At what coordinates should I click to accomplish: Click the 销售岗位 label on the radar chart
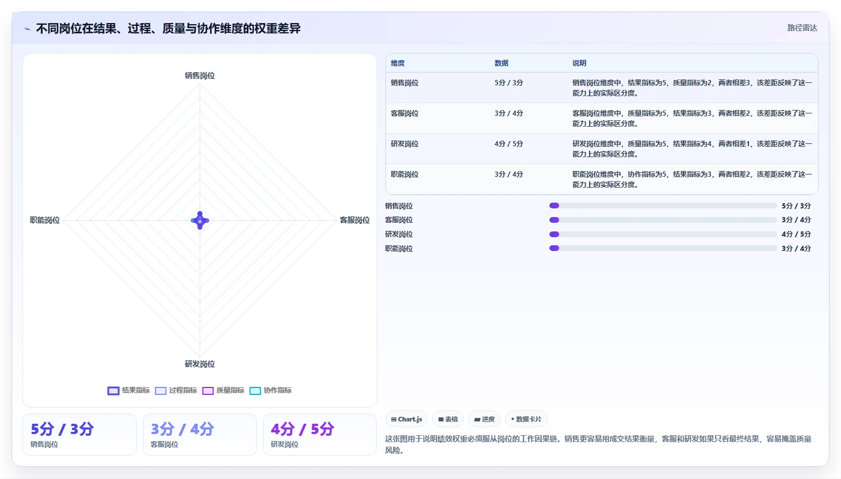tap(200, 75)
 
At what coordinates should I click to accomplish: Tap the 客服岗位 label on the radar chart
tap(354, 220)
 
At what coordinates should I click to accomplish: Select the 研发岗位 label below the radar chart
tap(200, 364)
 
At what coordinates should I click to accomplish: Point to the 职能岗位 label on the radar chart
tap(45, 220)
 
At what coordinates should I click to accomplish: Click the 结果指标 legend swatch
tap(113, 391)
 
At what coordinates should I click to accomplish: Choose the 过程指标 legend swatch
tap(160, 391)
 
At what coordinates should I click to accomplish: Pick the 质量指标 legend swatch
tap(208, 391)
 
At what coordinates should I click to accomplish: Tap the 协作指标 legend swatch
tap(255, 391)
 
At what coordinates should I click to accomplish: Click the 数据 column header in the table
tap(501, 63)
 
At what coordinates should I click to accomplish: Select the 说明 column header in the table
tap(579, 63)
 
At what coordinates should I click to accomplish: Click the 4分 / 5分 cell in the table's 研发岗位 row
tap(509, 144)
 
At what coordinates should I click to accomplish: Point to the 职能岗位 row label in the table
tap(404, 174)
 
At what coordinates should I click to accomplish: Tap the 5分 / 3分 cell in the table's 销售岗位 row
tap(509, 83)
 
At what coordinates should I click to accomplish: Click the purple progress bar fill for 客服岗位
tap(554, 220)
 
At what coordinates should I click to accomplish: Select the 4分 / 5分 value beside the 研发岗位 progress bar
tap(796, 234)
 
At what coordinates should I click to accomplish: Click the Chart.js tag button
tap(406, 419)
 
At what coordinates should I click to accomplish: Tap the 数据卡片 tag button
tap(526, 419)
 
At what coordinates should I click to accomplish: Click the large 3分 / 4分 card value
tap(182, 429)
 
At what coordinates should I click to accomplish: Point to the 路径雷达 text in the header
tap(802, 28)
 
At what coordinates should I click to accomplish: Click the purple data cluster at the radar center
tap(200, 221)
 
